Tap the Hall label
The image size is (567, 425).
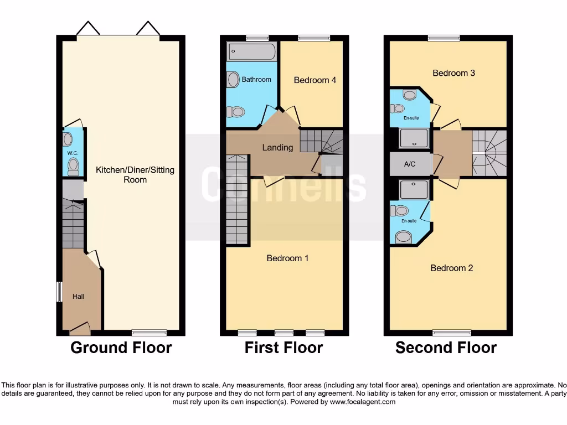point(78,297)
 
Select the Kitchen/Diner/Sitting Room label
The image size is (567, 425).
point(135,174)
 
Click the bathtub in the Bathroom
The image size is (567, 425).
point(251,53)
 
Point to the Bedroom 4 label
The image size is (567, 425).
point(315,80)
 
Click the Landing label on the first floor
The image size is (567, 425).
point(277,147)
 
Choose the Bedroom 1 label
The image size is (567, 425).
point(287,258)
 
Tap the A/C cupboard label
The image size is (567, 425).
point(410,164)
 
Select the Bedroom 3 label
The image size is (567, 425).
point(453,73)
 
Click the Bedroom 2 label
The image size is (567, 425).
point(452,268)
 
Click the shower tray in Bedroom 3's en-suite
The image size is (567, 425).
point(414,138)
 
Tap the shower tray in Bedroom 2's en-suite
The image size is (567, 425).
point(414,189)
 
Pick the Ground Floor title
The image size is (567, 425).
point(121,348)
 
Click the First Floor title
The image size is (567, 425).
point(283,348)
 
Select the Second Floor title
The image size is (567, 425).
point(446,348)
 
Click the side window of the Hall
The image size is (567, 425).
point(59,292)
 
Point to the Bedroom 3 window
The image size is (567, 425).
point(444,38)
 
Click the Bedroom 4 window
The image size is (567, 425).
point(313,38)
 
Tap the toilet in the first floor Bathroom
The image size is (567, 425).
point(236,112)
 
